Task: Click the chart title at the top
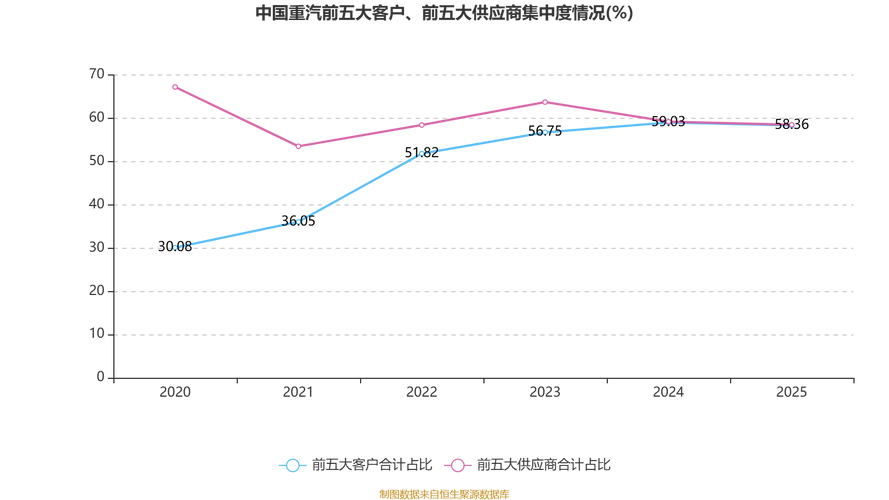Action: point(444,14)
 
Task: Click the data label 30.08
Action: point(175,247)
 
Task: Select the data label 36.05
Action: point(298,221)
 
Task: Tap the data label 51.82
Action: point(422,153)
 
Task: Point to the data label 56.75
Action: point(545,131)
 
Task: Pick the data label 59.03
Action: point(668,121)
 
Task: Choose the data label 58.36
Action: point(791,124)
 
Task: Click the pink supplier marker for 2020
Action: point(175,87)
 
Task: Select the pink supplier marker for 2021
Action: point(298,146)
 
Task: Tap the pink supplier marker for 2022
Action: point(422,125)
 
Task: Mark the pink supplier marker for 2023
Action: point(545,102)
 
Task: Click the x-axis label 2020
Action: point(175,392)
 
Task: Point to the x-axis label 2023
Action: point(545,392)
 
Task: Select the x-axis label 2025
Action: point(791,392)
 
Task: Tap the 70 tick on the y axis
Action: point(96,74)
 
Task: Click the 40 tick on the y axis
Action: point(96,204)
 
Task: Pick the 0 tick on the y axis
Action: point(100,377)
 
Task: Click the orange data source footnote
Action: point(444,494)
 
